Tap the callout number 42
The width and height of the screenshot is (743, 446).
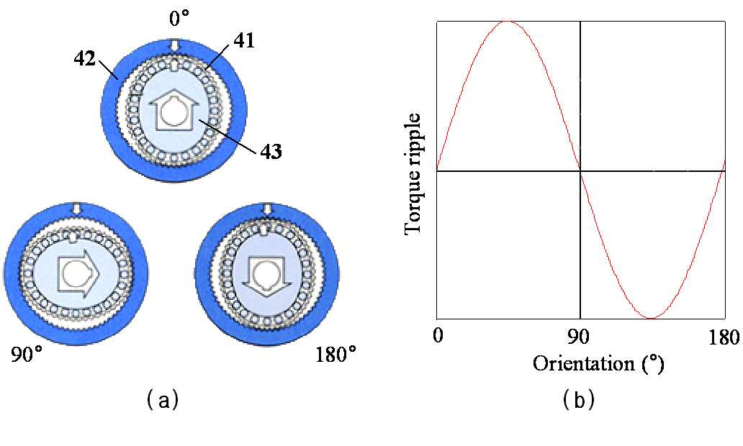[x=85, y=59]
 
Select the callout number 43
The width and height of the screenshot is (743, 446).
[x=270, y=152]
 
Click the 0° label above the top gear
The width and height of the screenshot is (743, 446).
[x=179, y=18]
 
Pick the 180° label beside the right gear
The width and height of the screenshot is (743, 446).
[x=336, y=354]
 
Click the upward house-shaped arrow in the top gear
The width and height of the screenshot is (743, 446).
[x=174, y=110]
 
